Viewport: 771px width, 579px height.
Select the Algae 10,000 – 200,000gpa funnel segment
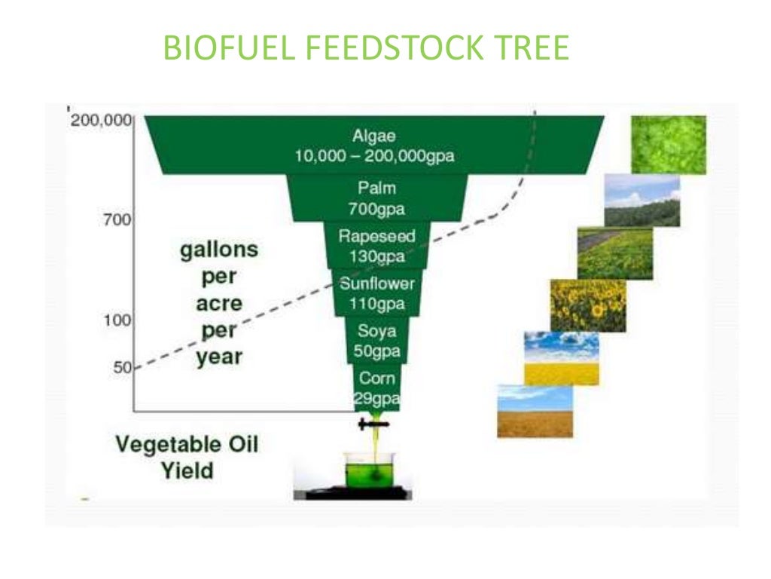point(374,146)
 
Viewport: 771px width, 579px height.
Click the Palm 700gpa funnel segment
point(376,198)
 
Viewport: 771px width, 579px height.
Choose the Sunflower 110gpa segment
point(376,294)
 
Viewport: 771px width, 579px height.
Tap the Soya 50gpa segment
point(376,341)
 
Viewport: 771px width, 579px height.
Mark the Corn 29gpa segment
point(376,388)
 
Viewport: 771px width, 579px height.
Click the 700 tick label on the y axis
point(117,221)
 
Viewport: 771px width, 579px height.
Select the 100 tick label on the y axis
point(117,320)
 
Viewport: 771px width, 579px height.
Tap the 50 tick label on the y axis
point(122,368)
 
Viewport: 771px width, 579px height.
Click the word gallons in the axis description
point(219,250)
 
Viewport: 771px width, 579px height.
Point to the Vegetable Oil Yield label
point(187,457)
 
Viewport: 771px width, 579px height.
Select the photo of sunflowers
point(587,305)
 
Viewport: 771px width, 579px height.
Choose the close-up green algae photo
point(668,145)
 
